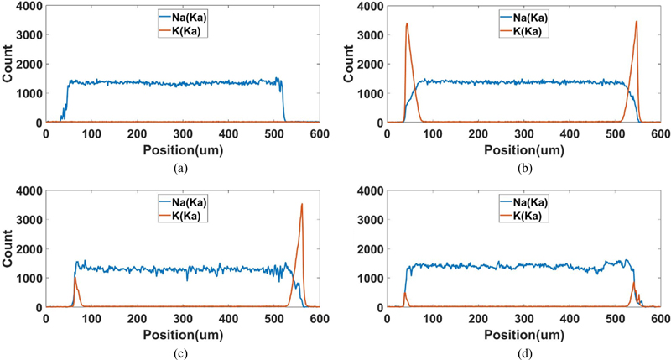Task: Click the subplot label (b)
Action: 523,166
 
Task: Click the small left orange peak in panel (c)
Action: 75,279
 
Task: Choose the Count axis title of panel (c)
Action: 7,249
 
